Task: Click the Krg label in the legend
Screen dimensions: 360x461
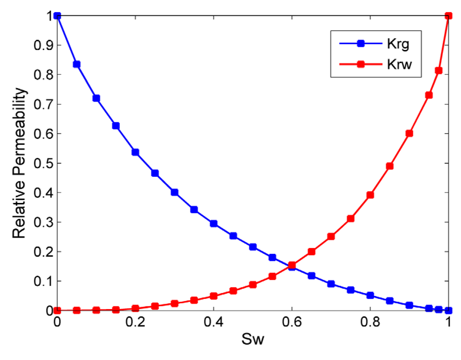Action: (403, 45)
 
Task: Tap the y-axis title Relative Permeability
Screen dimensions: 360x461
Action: (19, 163)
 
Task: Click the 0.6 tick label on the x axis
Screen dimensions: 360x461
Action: (292, 324)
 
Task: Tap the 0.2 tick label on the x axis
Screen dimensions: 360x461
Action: (135, 324)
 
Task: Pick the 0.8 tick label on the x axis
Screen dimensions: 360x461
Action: (370, 324)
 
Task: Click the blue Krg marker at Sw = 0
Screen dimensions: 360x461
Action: (57, 16)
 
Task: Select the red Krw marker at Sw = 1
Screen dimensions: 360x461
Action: (448, 16)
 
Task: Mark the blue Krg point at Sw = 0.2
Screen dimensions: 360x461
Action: (135, 152)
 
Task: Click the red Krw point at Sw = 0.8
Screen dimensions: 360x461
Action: (370, 195)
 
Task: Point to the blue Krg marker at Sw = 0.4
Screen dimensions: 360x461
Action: (213, 224)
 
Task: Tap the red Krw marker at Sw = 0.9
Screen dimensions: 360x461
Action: (409, 133)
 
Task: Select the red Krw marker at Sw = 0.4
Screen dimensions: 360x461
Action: (213, 296)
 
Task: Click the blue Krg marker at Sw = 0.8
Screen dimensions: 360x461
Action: (370, 295)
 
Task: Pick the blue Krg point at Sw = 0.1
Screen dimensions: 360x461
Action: (96, 98)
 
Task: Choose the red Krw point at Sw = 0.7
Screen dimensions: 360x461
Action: (331, 236)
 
